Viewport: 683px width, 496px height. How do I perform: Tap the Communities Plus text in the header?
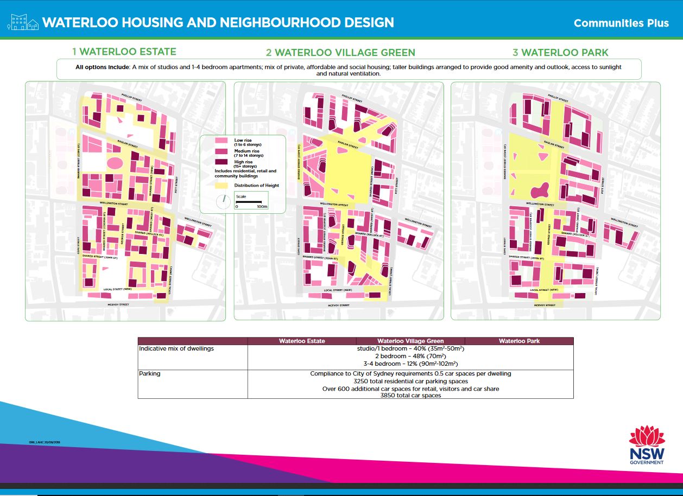coord(621,23)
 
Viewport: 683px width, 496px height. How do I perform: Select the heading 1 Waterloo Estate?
coord(124,52)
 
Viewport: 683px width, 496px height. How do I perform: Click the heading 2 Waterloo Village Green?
coord(340,53)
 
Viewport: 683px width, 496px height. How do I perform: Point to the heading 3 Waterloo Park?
coord(561,53)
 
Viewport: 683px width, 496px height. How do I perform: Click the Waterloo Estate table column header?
coord(302,341)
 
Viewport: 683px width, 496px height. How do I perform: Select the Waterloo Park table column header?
coord(518,341)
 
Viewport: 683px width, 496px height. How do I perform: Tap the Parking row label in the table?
coord(149,373)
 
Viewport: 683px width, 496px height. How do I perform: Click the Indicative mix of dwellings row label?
coord(176,348)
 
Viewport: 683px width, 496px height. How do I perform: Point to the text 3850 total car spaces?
coord(410,396)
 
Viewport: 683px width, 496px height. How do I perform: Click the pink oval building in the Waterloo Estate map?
coord(115,163)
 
